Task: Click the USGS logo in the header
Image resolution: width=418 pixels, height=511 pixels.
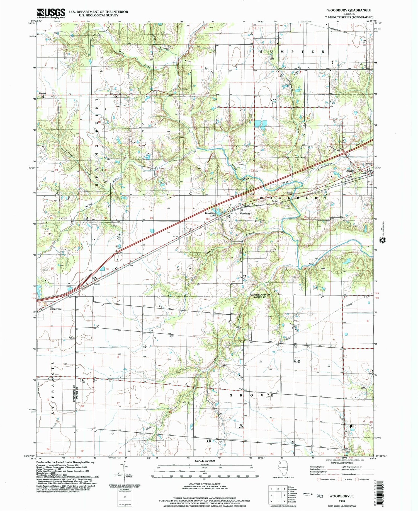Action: click(x=51, y=13)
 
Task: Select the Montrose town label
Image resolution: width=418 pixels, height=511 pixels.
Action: click(x=56, y=309)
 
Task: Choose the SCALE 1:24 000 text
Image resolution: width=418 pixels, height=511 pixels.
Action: click(x=205, y=461)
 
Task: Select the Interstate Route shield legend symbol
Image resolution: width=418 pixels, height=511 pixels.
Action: click(x=319, y=480)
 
